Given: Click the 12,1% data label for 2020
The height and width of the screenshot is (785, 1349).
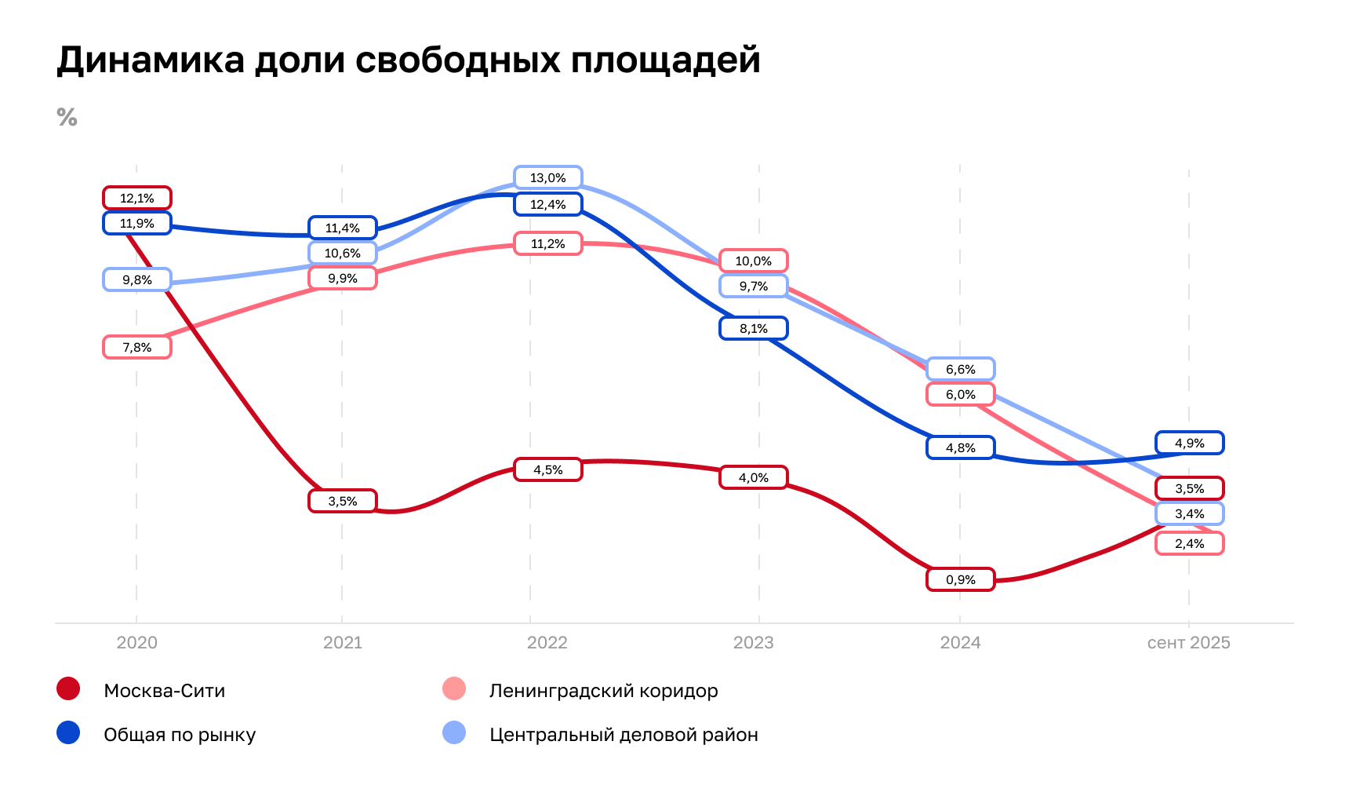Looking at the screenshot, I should pyautogui.click(x=137, y=198).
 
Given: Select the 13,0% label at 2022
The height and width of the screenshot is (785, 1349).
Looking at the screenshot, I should pyautogui.click(x=547, y=177).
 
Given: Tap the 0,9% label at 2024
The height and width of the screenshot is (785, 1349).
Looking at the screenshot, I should pyautogui.click(x=960, y=579).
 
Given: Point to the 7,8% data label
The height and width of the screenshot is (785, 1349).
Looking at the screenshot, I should pyautogui.click(x=137, y=347).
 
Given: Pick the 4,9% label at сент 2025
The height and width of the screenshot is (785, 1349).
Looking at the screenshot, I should pyautogui.click(x=1189, y=443).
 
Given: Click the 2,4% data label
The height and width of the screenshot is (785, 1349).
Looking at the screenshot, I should pyautogui.click(x=1189, y=543).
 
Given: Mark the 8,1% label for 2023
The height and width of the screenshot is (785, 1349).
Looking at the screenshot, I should pyautogui.click(x=753, y=328).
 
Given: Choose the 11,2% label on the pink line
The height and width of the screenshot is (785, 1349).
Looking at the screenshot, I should pyautogui.click(x=547, y=243).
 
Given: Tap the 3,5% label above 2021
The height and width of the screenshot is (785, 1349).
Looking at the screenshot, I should pyautogui.click(x=342, y=501).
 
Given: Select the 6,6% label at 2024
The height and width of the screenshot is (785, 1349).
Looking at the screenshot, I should pyautogui.click(x=960, y=369).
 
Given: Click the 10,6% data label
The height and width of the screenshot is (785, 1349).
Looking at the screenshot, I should pyautogui.click(x=342, y=253).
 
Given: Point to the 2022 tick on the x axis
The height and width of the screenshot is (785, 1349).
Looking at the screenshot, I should pyautogui.click(x=547, y=643).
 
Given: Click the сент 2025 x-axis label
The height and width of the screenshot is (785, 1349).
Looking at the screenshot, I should pyautogui.click(x=1188, y=643).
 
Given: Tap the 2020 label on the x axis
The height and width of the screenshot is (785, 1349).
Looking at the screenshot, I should pyautogui.click(x=137, y=643).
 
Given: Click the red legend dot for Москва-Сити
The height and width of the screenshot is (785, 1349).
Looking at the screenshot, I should pyautogui.click(x=68, y=689).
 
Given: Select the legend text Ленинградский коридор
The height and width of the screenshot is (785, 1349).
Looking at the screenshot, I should pyautogui.click(x=603, y=691).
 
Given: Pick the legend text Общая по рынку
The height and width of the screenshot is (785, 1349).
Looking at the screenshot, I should pyautogui.click(x=180, y=735).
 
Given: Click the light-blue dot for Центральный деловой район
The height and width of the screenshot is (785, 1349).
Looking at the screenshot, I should pyautogui.click(x=454, y=733).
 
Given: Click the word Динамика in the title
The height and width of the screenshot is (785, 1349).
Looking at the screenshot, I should pyautogui.click(x=151, y=60).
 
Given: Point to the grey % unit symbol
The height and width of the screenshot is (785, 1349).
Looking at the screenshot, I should pyautogui.click(x=67, y=118).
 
